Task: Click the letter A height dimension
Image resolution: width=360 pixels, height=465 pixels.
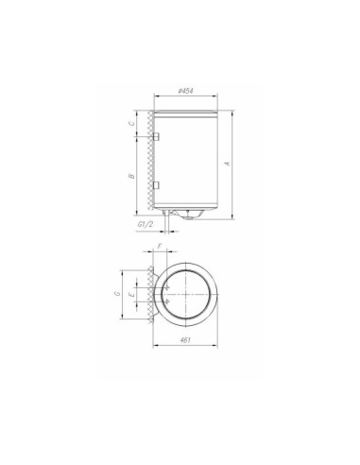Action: (228, 163)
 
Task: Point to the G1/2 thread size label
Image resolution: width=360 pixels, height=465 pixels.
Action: (146, 225)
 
